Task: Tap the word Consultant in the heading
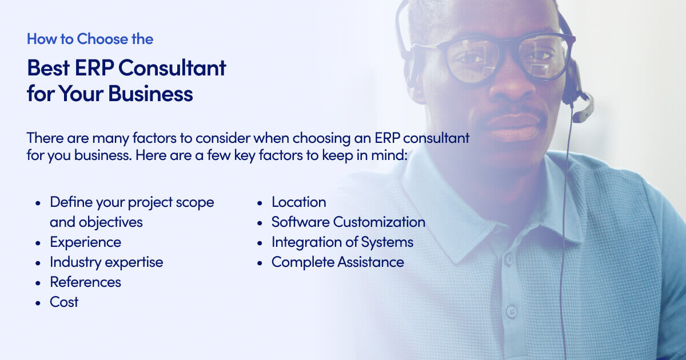pos(173,67)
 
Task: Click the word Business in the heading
pos(151,93)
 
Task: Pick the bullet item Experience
pos(85,242)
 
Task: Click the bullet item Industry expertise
pos(106,262)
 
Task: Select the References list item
pos(85,282)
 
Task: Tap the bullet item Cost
pos(64,302)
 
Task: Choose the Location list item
pos(298,202)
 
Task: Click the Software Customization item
pos(348,222)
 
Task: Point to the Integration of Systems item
pos(342,242)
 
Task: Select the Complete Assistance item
pos(337,262)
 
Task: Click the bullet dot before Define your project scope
pos(38,203)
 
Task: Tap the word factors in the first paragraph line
pos(155,138)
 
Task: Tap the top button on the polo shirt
pos(509,259)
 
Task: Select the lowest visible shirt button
pos(512,312)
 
